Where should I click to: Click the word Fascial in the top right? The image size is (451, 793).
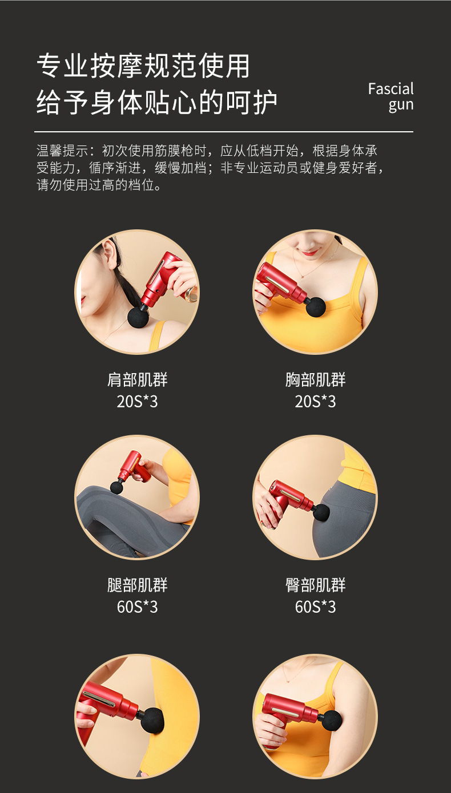[390, 89]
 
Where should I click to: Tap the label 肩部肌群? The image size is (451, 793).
[138, 380]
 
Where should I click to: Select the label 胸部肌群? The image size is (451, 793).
[316, 380]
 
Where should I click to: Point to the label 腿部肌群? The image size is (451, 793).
[138, 585]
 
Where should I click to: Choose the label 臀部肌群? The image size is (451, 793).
[316, 585]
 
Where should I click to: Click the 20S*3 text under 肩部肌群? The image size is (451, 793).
[138, 402]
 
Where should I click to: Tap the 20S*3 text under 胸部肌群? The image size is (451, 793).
[316, 402]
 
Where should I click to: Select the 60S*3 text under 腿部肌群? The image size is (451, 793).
[138, 607]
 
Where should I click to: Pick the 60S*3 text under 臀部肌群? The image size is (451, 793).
[316, 607]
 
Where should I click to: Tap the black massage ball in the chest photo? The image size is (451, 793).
[316, 306]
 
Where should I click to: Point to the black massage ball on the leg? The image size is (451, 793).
[117, 487]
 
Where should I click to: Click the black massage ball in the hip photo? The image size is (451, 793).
[321, 512]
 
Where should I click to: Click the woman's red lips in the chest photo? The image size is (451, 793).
[309, 251]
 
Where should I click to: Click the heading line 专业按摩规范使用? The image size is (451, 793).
[143, 66]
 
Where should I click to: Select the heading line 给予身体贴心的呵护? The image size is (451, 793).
[157, 102]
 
